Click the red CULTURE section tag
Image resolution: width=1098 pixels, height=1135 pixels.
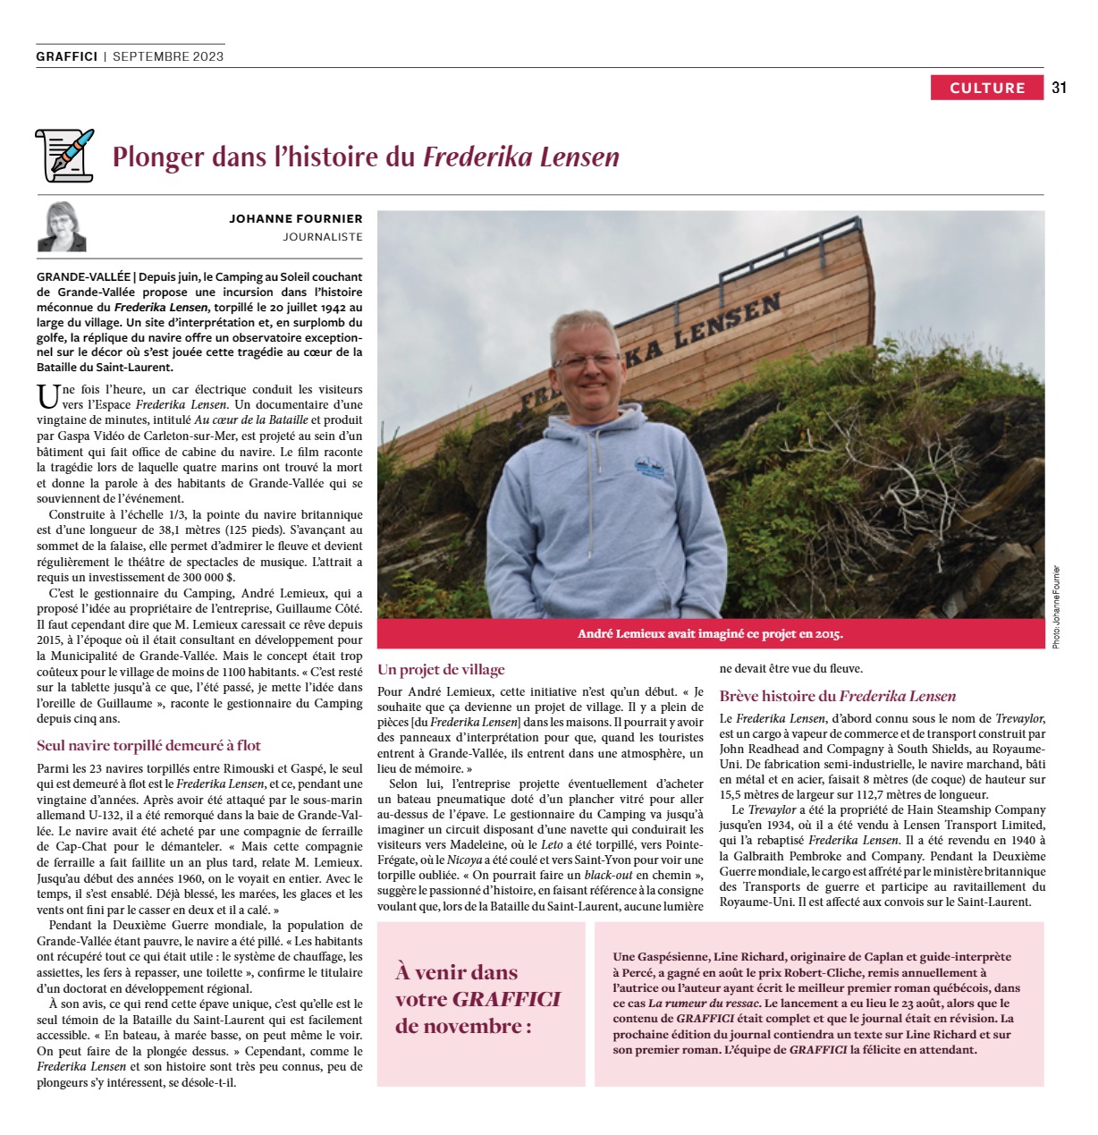click(x=986, y=88)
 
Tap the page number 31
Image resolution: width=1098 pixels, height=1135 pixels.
click(x=1060, y=88)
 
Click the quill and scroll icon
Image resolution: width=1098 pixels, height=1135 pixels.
click(x=64, y=155)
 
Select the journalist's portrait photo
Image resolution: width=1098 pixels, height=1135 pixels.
click(x=62, y=227)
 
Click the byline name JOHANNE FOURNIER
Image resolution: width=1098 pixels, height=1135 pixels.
click(x=295, y=218)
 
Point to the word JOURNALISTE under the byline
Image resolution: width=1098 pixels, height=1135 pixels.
click(x=323, y=237)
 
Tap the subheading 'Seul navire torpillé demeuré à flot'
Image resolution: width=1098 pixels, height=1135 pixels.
click(x=148, y=745)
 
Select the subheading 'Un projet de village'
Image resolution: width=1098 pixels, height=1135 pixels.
click(x=441, y=670)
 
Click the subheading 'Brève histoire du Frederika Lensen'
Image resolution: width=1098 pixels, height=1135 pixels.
click(x=837, y=696)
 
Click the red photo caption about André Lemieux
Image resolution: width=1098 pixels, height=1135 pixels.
click(x=710, y=634)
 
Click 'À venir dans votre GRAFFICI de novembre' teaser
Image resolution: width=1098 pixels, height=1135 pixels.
click(x=477, y=998)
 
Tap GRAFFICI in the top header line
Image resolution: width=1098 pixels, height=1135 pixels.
click(x=67, y=56)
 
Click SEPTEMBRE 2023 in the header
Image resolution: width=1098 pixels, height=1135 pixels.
click(x=168, y=56)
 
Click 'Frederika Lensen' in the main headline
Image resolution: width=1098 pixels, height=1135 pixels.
click(x=520, y=157)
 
